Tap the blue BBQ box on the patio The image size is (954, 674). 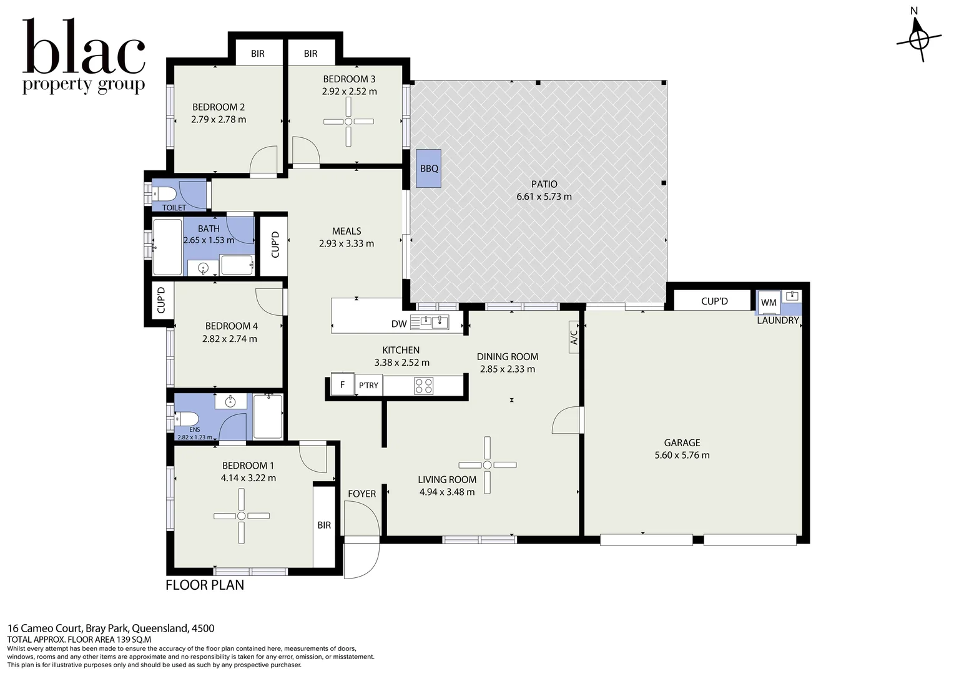coord(429,168)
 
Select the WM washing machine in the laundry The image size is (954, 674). coord(769,303)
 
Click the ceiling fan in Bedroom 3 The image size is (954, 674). coord(348,122)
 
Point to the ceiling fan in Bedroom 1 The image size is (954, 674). coord(242,516)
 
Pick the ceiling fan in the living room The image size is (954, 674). coord(487,465)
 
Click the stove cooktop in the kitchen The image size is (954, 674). coord(424,386)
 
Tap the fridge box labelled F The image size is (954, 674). coord(342,385)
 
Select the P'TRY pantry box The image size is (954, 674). coord(368,385)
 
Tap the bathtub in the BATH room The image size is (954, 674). coord(167,247)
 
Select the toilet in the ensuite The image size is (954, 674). coord(186,418)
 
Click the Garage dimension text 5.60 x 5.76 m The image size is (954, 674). coord(682,455)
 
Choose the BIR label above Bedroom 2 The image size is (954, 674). coord(258,54)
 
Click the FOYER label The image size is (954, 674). coord(362,494)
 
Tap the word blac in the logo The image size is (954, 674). coord(84,48)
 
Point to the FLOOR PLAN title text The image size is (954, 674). coord(205,585)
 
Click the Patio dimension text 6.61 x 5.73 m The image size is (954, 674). coord(544,197)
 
